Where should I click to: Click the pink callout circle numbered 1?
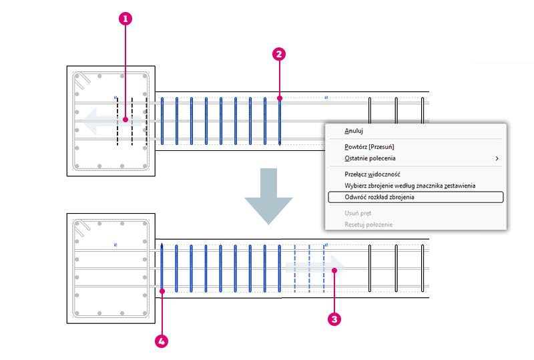(125, 19)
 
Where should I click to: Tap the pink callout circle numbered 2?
(279, 54)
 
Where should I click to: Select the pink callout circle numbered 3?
(334, 319)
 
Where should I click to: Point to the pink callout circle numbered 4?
(162, 341)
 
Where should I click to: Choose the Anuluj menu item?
(354, 131)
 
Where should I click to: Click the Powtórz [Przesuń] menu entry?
(369, 147)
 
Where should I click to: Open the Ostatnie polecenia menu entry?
(370, 158)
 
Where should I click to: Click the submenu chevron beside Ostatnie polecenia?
(497, 158)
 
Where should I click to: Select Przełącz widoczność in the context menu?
(372, 174)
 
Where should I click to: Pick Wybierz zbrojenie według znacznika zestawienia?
(410, 186)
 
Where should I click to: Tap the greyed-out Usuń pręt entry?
(358, 213)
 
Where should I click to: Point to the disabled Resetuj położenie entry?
(368, 224)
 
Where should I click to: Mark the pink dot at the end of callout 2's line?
(280, 98)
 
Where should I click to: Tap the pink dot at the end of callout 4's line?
(162, 291)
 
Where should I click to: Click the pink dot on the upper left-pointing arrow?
(125, 120)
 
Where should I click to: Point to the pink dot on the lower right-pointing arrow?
(334, 271)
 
